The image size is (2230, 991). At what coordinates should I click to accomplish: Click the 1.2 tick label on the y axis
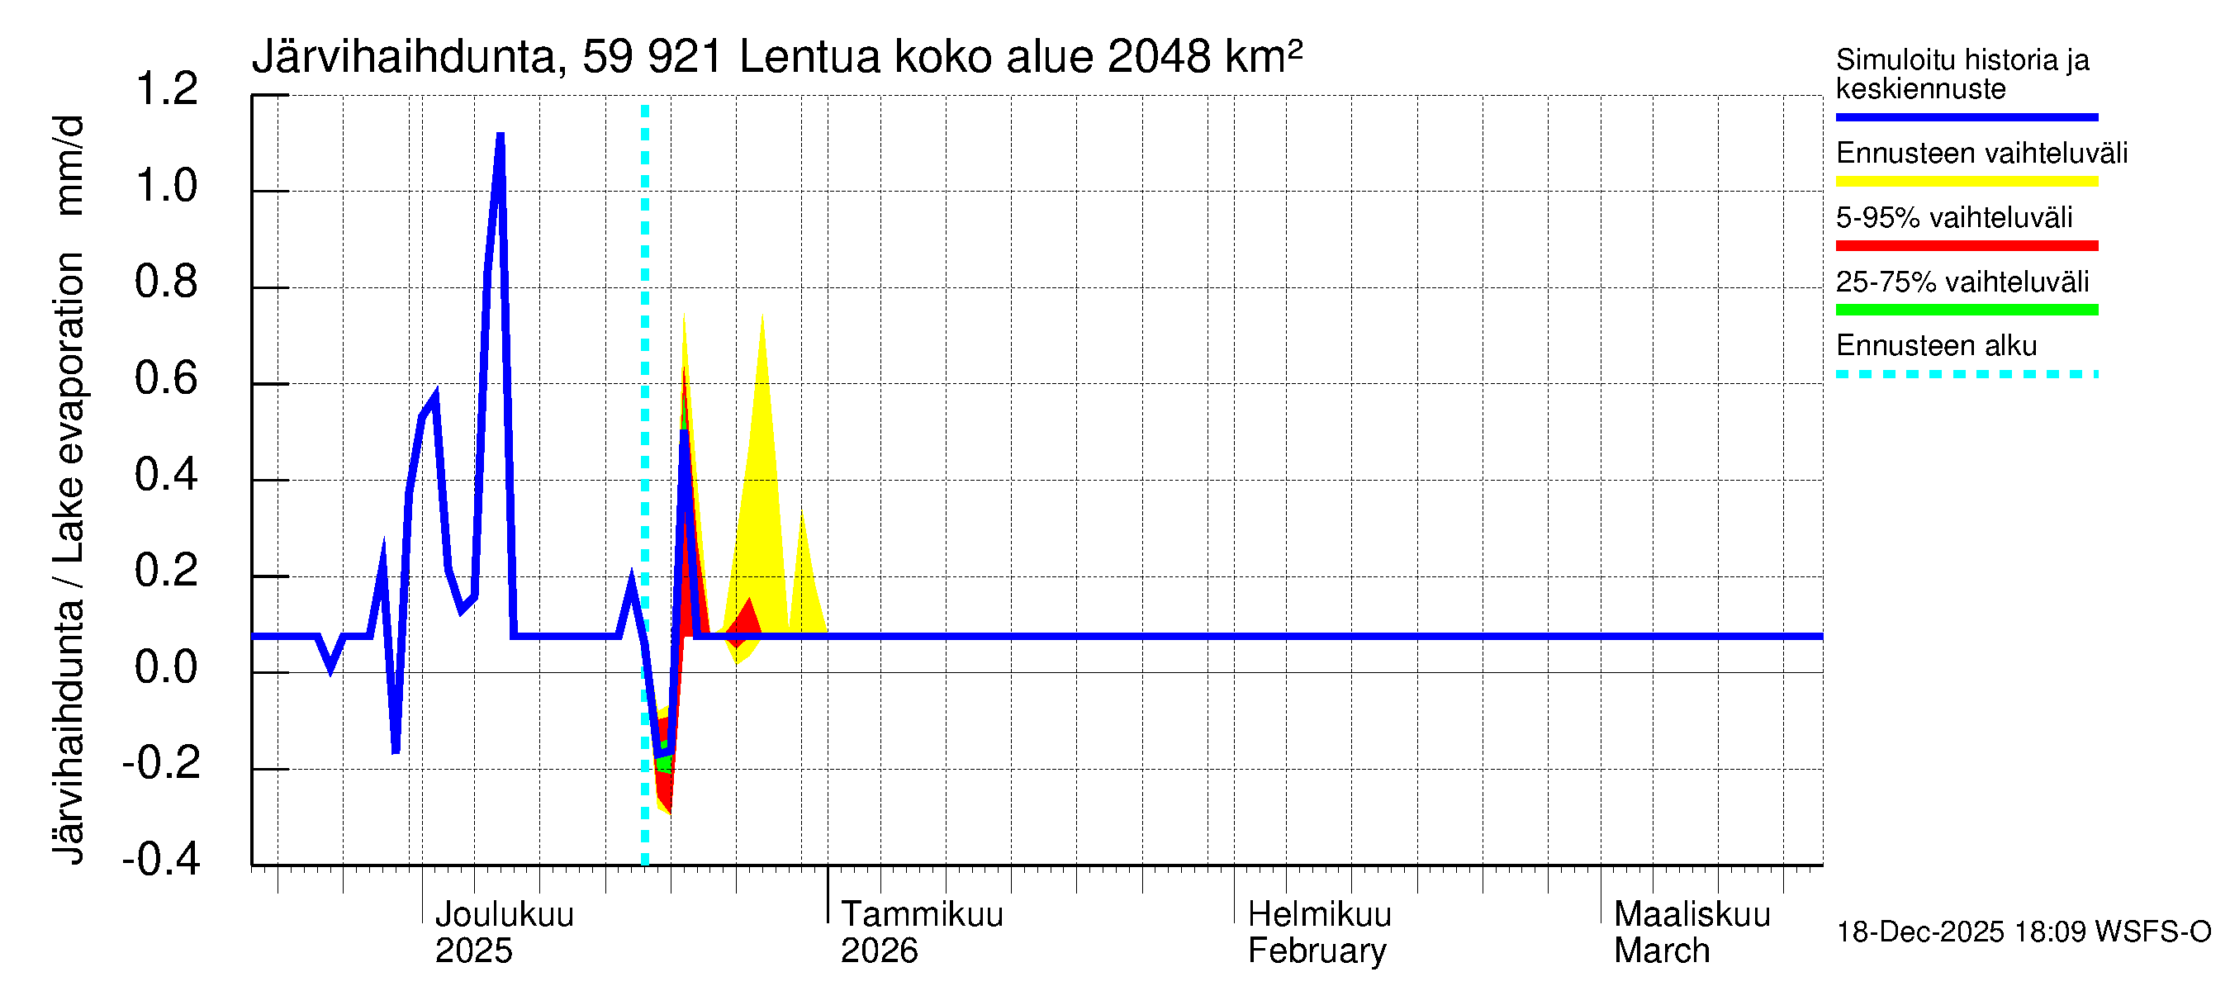tap(166, 89)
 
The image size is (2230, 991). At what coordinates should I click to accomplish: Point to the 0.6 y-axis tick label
tap(166, 378)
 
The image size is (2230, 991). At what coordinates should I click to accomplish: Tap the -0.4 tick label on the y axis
tap(161, 859)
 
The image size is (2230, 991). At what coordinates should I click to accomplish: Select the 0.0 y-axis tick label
tap(166, 667)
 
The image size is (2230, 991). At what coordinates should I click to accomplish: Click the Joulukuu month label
tap(504, 914)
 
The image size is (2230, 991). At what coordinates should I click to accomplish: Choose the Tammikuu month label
tap(922, 914)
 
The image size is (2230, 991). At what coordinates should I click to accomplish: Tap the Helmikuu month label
tap(1319, 914)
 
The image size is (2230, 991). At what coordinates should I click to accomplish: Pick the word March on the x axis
tap(1661, 951)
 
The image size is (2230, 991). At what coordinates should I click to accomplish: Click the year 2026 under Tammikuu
tap(879, 951)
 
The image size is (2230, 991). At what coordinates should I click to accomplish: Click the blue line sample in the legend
tap(1966, 116)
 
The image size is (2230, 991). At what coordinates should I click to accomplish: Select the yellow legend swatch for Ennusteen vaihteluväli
tap(1966, 182)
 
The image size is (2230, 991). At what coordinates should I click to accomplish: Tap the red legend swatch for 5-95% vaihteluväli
tap(1966, 246)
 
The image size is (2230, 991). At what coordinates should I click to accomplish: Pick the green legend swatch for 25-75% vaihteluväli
tap(1966, 310)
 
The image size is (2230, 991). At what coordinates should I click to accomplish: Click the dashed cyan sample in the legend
tap(1966, 374)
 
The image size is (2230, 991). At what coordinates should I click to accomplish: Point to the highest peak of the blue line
tap(501, 137)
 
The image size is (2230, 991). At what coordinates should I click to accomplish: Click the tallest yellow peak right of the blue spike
tap(762, 317)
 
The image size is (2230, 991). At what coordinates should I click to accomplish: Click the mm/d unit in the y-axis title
tap(69, 164)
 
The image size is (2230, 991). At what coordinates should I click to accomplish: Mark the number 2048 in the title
tap(1158, 57)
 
